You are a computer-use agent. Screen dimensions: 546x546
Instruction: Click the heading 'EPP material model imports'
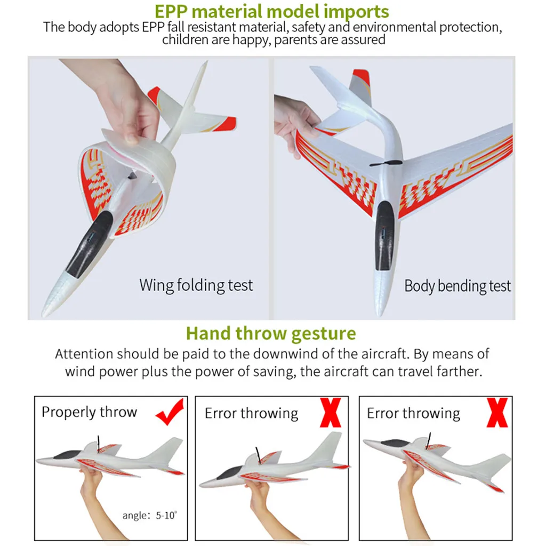click(x=271, y=12)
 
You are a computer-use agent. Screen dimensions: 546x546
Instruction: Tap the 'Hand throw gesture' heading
click(x=271, y=334)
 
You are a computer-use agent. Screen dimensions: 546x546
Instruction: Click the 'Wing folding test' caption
click(x=196, y=286)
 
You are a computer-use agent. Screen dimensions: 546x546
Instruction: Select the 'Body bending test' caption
click(x=457, y=286)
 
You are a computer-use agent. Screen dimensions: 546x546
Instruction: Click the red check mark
click(x=170, y=412)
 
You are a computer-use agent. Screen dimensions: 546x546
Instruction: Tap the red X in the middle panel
click(x=331, y=413)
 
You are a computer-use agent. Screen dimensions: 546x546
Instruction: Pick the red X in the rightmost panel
click(x=497, y=413)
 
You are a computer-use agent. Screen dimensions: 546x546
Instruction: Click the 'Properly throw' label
click(x=89, y=412)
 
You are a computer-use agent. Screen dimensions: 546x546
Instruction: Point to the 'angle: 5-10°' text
click(x=150, y=515)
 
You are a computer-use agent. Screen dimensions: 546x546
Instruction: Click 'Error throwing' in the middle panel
click(x=252, y=414)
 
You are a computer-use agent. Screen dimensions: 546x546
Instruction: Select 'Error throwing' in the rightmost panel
click(x=413, y=414)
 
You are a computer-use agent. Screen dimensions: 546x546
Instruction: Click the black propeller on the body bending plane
click(x=386, y=163)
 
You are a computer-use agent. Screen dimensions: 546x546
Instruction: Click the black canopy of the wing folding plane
click(x=90, y=244)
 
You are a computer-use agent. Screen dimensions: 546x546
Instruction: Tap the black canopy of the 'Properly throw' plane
click(x=67, y=454)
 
